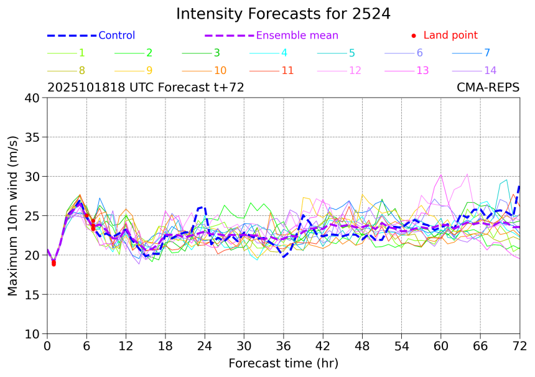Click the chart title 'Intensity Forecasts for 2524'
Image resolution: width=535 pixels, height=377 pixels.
pos(283,14)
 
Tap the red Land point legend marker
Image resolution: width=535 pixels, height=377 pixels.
pos(414,36)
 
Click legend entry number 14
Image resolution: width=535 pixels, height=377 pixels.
pos(490,70)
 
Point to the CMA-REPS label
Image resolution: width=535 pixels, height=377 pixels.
pos(488,88)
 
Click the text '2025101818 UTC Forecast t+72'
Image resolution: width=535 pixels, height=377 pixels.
pos(146,88)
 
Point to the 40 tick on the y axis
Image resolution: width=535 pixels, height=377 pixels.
pos(33,98)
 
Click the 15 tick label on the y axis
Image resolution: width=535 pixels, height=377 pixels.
pos(33,295)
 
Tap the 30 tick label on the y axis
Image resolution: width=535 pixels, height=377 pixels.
pos(33,177)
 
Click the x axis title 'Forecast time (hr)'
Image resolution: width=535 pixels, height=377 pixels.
pos(283,363)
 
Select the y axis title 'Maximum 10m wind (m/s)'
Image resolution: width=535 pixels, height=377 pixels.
pos(13,216)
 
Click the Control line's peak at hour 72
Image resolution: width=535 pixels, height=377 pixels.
pos(519,185)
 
